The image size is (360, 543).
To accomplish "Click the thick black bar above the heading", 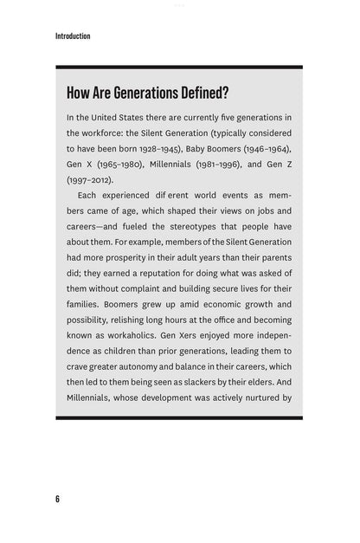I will coord(179,67).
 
